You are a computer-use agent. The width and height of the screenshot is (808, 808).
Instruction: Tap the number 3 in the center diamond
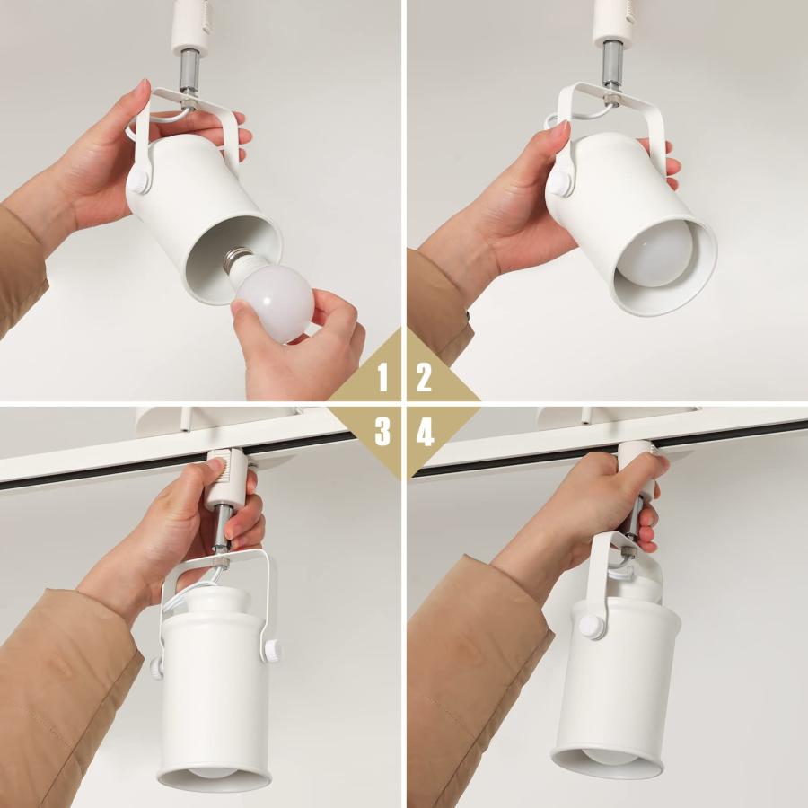coord(383,433)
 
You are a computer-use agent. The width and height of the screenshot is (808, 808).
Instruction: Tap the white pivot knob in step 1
coord(137,182)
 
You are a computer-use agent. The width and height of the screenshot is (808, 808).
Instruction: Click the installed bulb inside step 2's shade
coord(653,256)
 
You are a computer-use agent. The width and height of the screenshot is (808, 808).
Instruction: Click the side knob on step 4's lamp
coord(592,626)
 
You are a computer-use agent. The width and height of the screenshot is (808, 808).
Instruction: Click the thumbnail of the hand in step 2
coord(560,133)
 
